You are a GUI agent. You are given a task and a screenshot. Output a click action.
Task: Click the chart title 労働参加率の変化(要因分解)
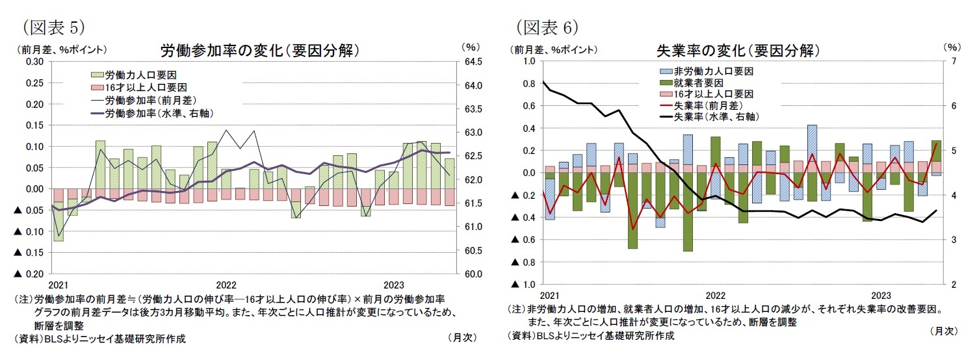(259, 50)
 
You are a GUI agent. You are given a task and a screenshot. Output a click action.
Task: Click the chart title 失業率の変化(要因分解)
(738, 50)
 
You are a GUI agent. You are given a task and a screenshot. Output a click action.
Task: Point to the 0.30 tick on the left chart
(34, 61)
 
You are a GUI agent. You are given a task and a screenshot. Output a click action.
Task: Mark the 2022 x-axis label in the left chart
(226, 285)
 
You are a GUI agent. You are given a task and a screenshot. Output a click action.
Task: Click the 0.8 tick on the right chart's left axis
(528, 83)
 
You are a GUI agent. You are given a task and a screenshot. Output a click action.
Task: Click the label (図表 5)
(53, 27)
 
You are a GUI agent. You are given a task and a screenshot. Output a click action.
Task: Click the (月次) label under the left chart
(462, 338)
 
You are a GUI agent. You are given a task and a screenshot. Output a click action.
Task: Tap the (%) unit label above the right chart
(950, 47)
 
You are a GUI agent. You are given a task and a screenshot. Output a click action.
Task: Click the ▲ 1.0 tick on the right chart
(522, 285)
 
